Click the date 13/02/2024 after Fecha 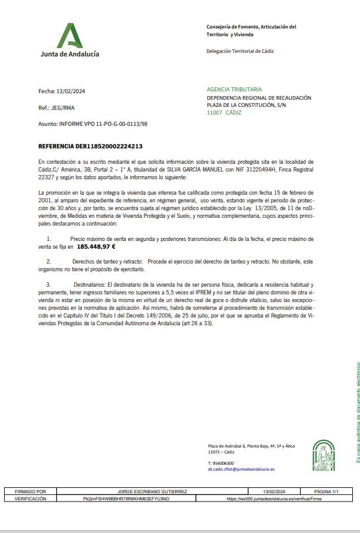(71, 91)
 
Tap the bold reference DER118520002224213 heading (90, 146)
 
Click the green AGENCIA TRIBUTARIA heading (234, 90)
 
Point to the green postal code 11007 (214, 112)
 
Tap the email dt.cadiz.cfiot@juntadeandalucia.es (241, 469)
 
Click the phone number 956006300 (221, 463)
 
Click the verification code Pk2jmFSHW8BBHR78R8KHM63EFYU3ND (126, 499)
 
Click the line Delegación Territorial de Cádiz (240, 51)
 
